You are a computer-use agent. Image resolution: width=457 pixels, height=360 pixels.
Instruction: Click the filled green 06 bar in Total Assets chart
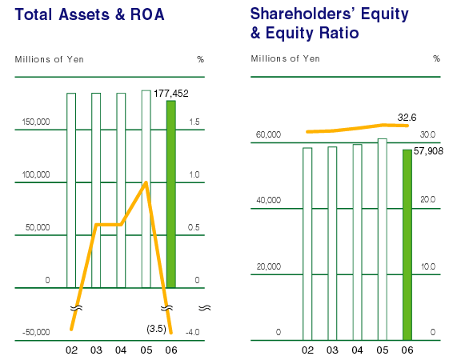point(171,194)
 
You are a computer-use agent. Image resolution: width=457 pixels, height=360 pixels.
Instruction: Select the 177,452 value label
point(171,94)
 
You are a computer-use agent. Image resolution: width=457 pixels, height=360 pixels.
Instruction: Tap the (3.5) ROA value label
point(157,329)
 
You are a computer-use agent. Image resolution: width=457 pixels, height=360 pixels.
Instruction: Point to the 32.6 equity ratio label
point(407,118)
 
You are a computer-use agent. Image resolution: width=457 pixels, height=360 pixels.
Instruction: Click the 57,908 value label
point(428,151)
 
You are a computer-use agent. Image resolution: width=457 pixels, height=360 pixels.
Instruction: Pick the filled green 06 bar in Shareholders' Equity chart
point(407,245)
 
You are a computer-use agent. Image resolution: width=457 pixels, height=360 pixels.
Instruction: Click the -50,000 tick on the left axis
point(36,332)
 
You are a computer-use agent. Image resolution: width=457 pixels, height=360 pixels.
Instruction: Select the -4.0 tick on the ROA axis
point(192,332)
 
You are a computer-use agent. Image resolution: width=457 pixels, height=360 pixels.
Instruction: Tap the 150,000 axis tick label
point(36,122)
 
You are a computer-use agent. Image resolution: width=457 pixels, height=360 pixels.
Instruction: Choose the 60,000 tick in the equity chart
point(268,134)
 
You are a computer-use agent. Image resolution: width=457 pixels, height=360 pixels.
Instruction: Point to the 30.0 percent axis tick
point(428,134)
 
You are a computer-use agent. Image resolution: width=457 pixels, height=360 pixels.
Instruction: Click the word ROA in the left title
point(147,14)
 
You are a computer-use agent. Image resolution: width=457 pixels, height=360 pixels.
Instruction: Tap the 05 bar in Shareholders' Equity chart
point(383,239)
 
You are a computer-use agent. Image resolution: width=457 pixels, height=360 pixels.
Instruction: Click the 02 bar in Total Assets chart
point(71,190)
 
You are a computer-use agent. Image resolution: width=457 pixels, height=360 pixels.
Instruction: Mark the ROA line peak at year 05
point(146,182)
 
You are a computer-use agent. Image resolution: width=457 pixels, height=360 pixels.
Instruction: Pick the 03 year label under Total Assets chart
point(96,350)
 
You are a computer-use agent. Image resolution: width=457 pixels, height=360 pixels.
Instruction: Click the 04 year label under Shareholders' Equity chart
point(357,350)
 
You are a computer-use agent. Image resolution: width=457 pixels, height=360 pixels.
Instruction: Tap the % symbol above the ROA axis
point(200,59)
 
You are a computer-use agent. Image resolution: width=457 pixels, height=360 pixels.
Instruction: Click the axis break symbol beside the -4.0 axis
point(205,308)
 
